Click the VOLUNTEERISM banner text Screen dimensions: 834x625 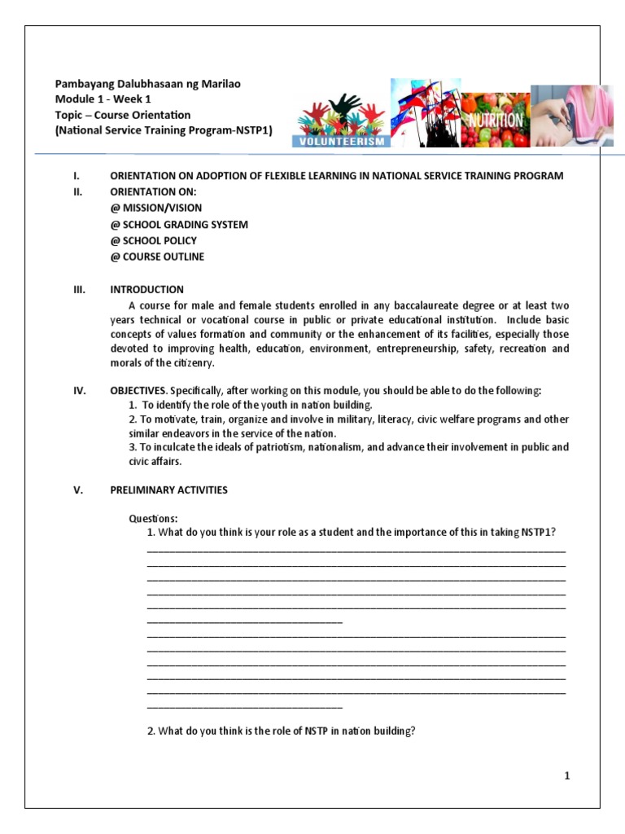coord(341,139)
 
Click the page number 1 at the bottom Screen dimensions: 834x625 coord(567,776)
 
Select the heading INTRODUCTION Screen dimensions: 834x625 coord(146,289)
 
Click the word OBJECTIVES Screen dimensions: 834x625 coord(138,390)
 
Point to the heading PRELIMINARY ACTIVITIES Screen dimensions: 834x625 coord(168,489)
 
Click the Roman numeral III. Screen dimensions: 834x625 coord(79,289)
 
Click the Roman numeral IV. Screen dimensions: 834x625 coord(79,390)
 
